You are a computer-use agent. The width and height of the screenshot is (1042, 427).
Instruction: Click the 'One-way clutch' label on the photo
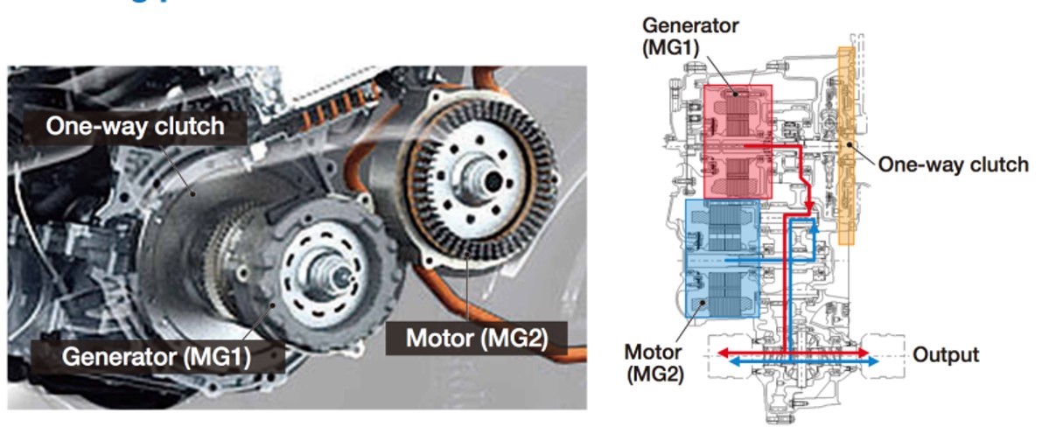click(x=135, y=127)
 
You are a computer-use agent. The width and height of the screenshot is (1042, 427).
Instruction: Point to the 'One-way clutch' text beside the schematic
click(x=953, y=164)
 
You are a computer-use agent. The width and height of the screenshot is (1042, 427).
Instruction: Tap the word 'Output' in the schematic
click(x=946, y=354)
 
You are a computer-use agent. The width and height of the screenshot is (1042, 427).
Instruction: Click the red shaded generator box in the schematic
click(x=738, y=141)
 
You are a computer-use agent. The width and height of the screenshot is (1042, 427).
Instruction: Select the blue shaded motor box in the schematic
click(x=722, y=258)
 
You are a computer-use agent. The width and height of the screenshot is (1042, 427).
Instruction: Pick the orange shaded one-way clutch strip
click(x=846, y=144)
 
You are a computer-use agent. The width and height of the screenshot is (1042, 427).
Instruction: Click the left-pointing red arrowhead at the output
click(x=724, y=352)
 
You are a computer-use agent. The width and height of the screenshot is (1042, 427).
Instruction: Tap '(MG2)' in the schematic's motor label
click(x=654, y=374)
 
